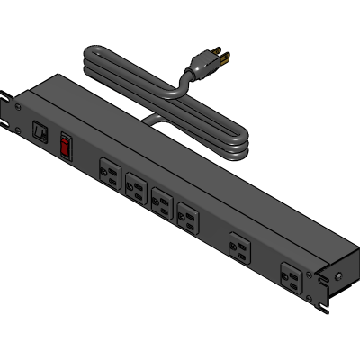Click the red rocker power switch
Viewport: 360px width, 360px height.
(x=66, y=145)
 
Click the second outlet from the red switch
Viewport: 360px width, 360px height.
(x=136, y=186)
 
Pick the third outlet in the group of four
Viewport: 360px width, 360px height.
(x=162, y=201)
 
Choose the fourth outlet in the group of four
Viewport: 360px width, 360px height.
(x=188, y=215)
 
